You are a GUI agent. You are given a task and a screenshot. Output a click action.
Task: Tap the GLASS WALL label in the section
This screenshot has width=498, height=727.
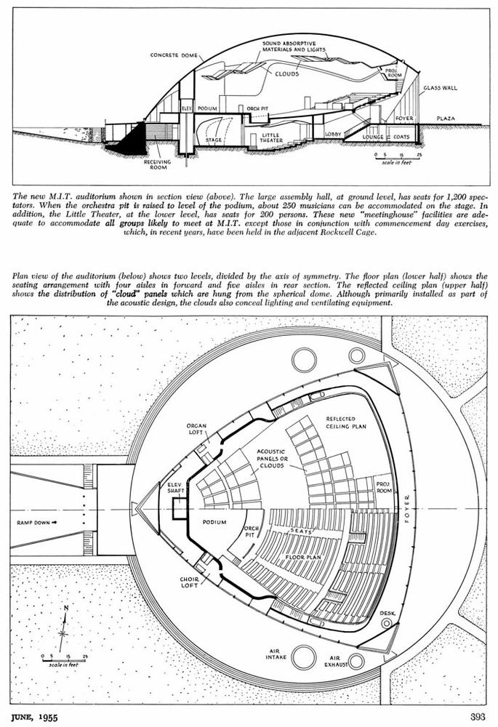coord(440,88)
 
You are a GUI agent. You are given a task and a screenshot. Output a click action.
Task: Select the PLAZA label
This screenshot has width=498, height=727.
coord(446,119)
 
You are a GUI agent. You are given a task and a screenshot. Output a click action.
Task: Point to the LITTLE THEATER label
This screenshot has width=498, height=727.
coord(271,137)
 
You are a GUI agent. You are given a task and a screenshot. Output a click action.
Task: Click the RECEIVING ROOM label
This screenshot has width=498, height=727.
coord(157,164)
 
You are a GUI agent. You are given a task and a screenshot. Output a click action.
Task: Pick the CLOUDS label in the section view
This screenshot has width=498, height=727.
coord(287,73)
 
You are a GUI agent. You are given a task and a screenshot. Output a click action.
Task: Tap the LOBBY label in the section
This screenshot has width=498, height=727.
coord(333,134)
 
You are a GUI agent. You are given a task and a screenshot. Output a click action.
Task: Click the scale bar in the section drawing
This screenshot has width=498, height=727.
coord(398,158)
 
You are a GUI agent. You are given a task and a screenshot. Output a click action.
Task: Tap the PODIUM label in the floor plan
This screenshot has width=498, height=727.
coord(214,522)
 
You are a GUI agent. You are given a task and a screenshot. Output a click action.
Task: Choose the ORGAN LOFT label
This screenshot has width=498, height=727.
coord(196,429)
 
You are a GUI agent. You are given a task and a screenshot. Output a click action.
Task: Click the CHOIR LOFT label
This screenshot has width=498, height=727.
coord(190,582)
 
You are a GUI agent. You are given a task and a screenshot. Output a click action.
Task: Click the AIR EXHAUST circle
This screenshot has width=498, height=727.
coord(356,661)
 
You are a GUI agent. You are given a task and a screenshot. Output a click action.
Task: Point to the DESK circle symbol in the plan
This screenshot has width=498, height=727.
coord(386,624)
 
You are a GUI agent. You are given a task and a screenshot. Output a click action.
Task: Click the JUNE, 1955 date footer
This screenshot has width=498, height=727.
coord(34,718)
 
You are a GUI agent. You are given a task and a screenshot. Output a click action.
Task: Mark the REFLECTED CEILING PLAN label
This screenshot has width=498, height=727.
coord(346,422)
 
